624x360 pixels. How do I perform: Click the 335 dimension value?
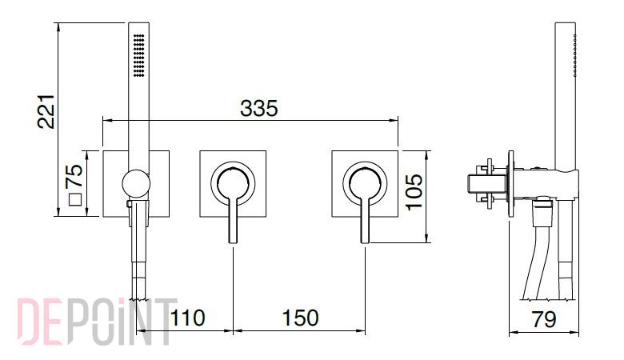pos(258,108)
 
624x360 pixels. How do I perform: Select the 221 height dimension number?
pos(46,111)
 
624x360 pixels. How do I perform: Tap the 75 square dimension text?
pos(74,176)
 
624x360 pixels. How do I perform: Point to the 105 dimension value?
pos(414,191)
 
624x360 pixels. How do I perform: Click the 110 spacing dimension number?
pos(187,318)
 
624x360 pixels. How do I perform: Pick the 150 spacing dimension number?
pos(301,318)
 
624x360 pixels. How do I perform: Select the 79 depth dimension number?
pos(544,319)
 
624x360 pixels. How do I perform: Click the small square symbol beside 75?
pos(75,199)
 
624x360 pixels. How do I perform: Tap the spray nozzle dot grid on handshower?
pos(139,55)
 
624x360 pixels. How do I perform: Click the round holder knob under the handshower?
pos(136,183)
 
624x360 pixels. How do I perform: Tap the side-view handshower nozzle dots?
pos(575,55)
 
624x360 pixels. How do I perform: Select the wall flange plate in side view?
pos(511,183)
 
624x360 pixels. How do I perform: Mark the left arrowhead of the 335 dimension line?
pos(106,119)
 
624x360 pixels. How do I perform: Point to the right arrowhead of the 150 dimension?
pos(361,330)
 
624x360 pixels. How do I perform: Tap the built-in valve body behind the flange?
pos(486,183)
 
